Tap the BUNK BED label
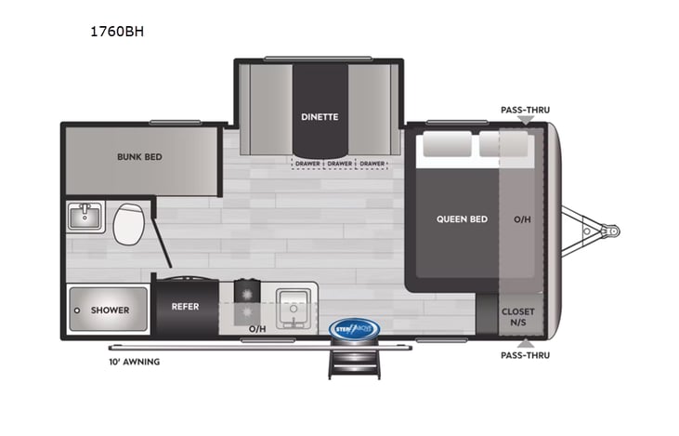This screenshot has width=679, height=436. pyautogui.click(x=139, y=157)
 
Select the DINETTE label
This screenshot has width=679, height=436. pyautogui.click(x=319, y=117)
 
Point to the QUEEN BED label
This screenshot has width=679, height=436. pyautogui.click(x=462, y=219)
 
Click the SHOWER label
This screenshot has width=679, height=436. pyautogui.click(x=110, y=310)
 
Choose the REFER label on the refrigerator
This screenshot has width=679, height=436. pyautogui.click(x=185, y=306)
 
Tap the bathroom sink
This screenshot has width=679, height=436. pyautogui.click(x=86, y=218)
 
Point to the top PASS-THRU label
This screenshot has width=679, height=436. pyautogui.click(x=525, y=110)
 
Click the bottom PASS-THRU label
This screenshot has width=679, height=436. pyautogui.click(x=525, y=355)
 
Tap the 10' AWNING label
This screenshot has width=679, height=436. pyautogui.click(x=134, y=362)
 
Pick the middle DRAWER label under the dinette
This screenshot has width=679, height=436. pyautogui.click(x=340, y=165)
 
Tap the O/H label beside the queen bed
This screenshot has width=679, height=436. pyautogui.click(x=524, y=219)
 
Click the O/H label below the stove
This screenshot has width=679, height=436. pyautogui.click(x=257, y=328)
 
